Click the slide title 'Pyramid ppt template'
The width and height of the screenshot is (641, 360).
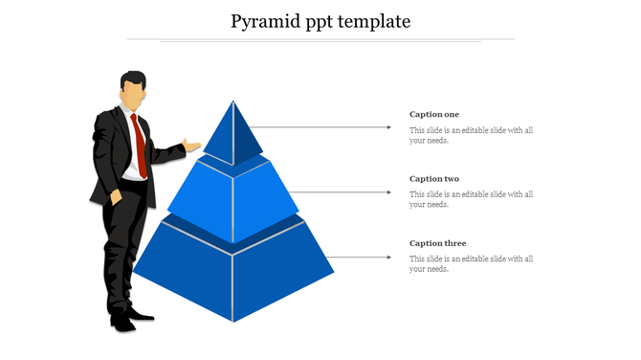(320, 21)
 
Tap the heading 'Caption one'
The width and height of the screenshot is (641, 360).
(434, 115)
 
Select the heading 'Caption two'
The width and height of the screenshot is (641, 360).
(434, 179)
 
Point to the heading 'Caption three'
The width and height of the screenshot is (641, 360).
(437, 243)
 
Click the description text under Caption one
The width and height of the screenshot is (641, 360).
(471, 135)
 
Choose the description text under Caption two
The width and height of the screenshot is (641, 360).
(471, 199)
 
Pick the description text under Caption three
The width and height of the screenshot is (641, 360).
(471, 263)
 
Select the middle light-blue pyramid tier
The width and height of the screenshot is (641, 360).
(233, 201)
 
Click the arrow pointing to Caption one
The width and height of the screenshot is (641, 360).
(325, 126)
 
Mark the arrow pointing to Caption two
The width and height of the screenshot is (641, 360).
(340, 191)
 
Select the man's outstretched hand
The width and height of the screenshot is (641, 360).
(192, 146)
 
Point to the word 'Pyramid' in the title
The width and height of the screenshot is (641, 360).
(265, 21)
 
